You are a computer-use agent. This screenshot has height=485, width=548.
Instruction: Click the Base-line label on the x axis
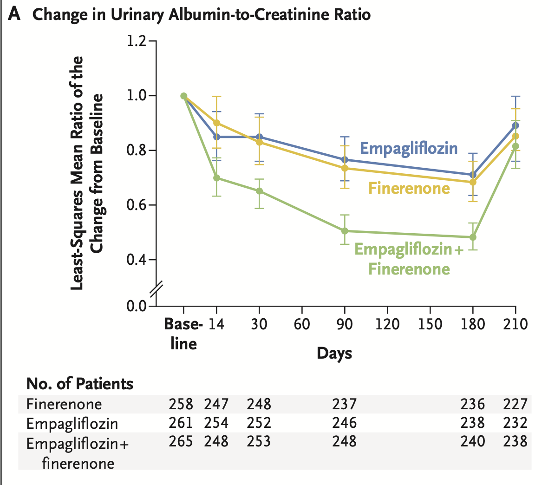(x=183, y=334)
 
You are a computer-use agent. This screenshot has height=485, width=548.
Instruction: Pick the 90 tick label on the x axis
(x=345, y=324)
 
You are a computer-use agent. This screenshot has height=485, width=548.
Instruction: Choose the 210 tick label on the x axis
(x=515, y=324)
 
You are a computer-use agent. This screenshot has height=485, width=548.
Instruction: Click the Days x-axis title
(x=334, y=354)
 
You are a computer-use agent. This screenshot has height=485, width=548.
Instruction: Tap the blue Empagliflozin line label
(x=409, y=148)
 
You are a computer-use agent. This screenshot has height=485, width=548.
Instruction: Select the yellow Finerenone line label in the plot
(x=409, y=188)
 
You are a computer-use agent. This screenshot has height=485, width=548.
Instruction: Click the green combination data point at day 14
(x=216, y=178)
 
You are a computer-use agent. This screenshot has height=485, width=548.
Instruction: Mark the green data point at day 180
(x=473, y=237)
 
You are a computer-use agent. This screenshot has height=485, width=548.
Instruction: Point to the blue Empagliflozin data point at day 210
(x=515, y=125)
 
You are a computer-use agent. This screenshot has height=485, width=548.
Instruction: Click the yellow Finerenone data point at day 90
(x=345, y=168)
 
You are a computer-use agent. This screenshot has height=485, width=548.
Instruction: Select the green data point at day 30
(x=259, y=191)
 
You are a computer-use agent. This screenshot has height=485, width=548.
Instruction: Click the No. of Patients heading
(x=80, y=384)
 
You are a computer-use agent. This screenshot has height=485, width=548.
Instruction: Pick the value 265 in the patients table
(x=181, y=441)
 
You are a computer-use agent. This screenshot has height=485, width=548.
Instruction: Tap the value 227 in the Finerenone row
(x=515, y=404)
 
